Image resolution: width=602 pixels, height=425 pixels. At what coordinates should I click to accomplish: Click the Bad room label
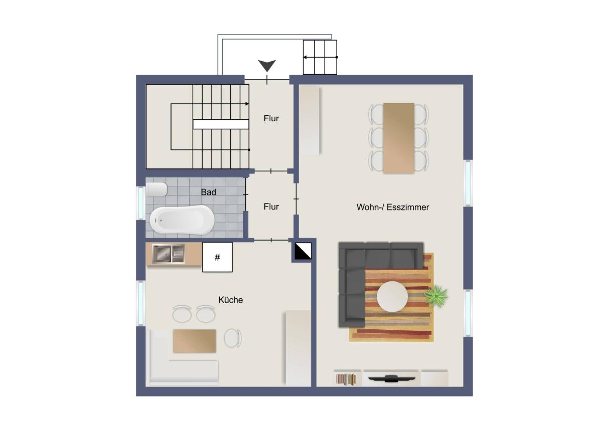tap(208, 192)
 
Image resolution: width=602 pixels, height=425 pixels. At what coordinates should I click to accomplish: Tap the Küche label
tap(231, 300)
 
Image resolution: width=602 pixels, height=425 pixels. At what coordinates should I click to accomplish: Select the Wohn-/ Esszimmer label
tap(393, 207)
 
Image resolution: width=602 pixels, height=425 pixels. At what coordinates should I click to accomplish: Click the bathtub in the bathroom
tap(182, 220)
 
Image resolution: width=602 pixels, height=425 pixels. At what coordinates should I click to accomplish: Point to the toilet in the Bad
tap(157, 189)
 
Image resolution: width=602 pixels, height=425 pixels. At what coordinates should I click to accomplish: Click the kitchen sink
tap(169, 254)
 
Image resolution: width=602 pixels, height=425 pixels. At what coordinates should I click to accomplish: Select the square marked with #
tap(217, 257)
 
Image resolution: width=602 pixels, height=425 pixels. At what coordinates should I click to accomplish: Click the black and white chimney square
tap(303, 251)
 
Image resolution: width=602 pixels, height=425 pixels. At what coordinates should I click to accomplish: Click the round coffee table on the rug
tap(392, 296)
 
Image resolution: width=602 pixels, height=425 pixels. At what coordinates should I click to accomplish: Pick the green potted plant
tap(436, 296)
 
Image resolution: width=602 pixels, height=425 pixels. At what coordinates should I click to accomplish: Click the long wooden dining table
tap(398, 138)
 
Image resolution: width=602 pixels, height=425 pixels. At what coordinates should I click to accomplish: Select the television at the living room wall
tap(391, 378)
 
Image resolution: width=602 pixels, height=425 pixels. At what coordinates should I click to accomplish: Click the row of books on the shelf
tap(346, 379)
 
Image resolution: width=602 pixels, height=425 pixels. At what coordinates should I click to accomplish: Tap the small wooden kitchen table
tap(194, 341)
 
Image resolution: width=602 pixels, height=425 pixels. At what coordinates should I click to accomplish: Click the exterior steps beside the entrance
tap(320, 57)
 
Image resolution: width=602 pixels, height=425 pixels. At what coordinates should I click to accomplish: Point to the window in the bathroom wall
tap(141, 203)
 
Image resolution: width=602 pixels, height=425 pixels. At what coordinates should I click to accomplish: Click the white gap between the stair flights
tap(221, 124)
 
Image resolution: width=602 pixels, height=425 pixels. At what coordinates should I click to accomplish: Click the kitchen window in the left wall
tap(141, 303)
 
